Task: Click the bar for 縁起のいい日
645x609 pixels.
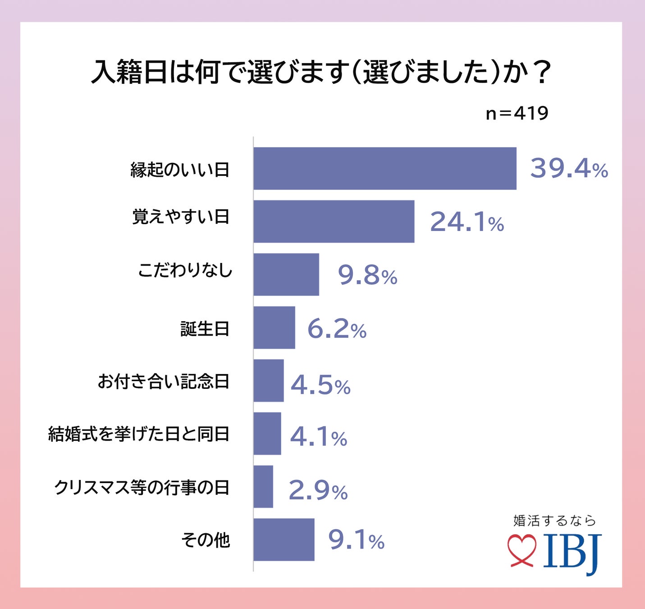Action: tap(384, 168)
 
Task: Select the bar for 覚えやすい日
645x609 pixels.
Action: tap(334, 221)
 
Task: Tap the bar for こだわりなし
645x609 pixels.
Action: tap(286, 274)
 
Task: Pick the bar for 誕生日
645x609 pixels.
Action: tap(274, 328)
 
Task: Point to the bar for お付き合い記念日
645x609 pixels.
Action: tap(269, 380)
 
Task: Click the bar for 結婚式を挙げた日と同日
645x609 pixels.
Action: tap(267, 434)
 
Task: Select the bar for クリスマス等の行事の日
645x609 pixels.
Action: tap(263, 486)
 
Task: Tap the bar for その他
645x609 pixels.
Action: tap(284, 540)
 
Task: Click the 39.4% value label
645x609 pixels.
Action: tap(569, 168)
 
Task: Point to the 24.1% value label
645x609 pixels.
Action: tap(467, 221)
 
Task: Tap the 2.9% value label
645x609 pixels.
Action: tap(318, 490)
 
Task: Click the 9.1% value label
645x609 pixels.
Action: tap(356, 540)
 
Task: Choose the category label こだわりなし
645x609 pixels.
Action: tap(185, 270)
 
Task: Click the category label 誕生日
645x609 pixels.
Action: tap(205, 329)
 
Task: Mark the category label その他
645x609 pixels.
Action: tap(206, 540)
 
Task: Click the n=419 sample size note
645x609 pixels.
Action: tap(517, 113)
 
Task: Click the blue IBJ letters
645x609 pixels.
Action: tap(572, 552)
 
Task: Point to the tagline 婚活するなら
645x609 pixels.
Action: tap(554, 521)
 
